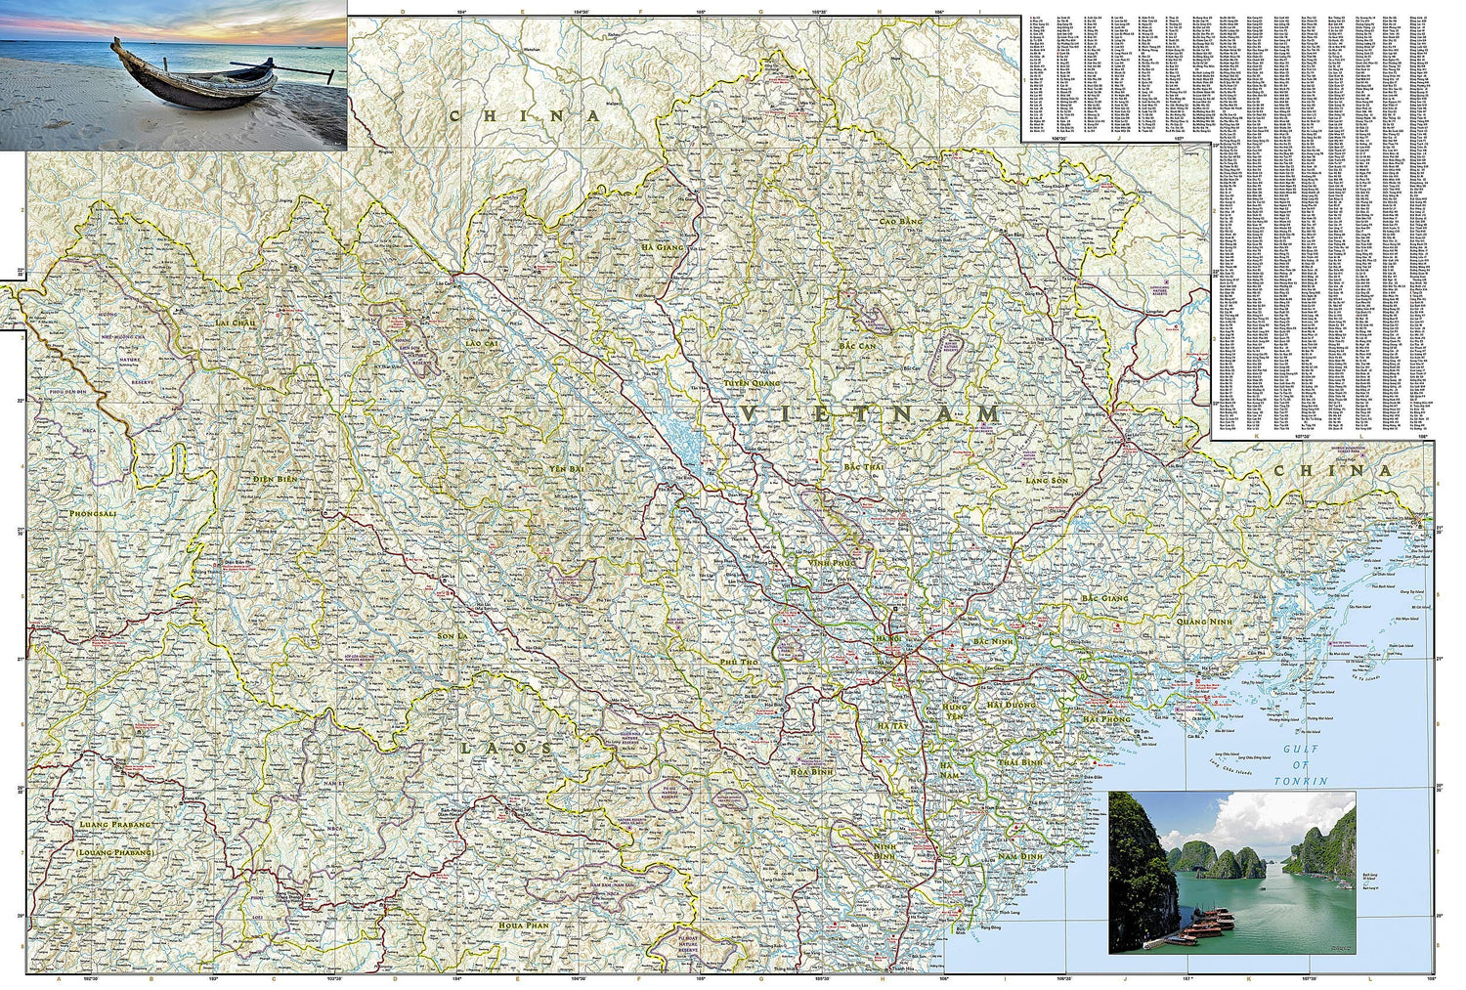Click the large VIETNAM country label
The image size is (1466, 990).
point(870,414)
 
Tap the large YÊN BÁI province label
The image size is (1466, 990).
point(565,470)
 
